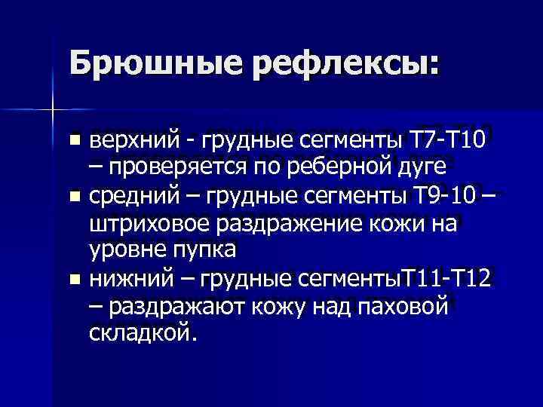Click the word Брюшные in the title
[155, 62]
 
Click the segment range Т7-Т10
[451, 140]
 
